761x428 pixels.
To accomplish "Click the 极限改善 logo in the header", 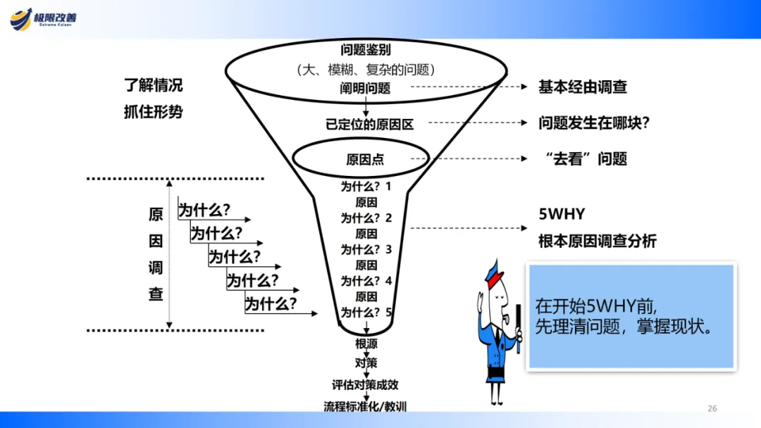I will click(x=44, y=19).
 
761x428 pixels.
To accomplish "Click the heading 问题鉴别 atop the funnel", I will click(x=365, y=50).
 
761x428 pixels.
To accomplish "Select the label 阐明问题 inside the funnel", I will click(x=365, y=88).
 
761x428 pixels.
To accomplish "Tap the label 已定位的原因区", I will click(x=369, y=124).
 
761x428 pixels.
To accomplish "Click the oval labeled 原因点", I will click(x=350, y=158).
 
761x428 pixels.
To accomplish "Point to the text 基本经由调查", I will click(x=582, y=87).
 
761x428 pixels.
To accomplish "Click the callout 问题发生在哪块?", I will click(x=593, y=122).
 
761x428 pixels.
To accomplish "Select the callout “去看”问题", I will click(x=586, y=158).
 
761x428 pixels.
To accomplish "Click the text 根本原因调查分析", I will click(x=597, y=241).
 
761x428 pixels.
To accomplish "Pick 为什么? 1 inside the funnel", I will click(x=366, y=187).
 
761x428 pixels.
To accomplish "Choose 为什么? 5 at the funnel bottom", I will click(x=366, y=312).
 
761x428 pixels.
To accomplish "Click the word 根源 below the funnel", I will click(x=366, y=344).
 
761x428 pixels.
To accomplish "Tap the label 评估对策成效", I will click(x=365, y=385).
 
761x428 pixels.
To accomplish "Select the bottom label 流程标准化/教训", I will click(x=365, y=406).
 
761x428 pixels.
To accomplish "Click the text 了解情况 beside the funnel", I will click(x=153, y=86).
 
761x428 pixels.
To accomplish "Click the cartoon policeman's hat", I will click(x=493, y=267).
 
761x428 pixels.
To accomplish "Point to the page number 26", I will click(x=712, y=408).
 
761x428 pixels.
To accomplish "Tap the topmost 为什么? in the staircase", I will click(x=204, y=210).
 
